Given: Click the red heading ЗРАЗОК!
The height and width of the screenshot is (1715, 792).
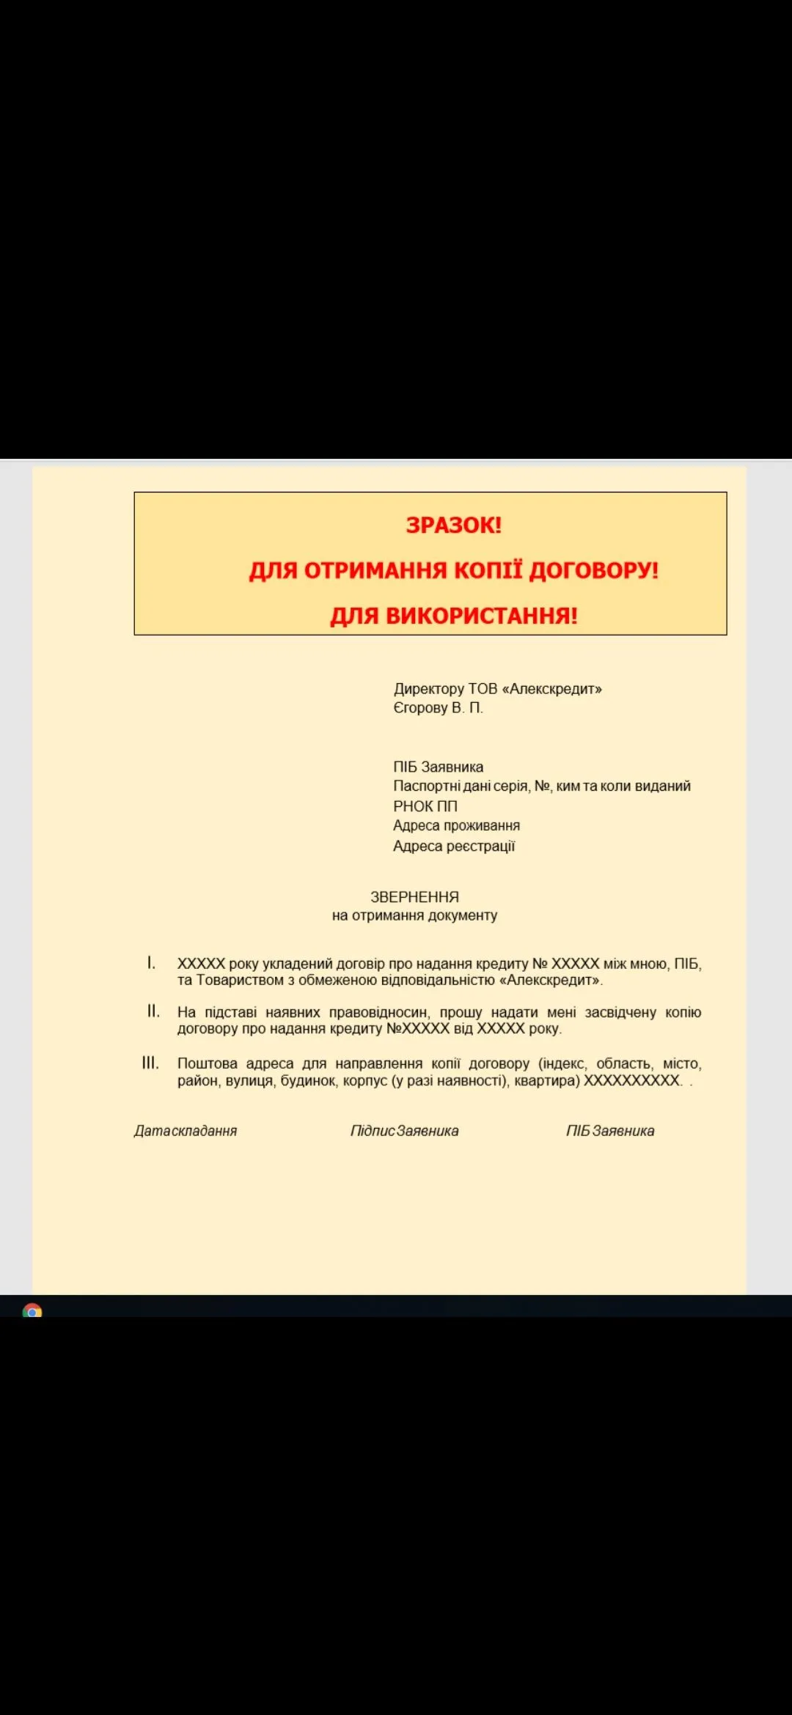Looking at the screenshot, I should coord(453,525).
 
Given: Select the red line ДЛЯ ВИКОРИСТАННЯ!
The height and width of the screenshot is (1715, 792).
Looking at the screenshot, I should coord(453,616).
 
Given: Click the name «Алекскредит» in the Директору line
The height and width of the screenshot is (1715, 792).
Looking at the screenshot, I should coord(551,689).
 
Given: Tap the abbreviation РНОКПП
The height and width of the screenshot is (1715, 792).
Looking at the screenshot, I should coord(425,806).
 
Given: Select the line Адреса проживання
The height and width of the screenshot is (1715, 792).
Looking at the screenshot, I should coord(456,826).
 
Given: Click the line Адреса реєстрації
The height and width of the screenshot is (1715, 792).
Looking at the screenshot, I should coord(454,847).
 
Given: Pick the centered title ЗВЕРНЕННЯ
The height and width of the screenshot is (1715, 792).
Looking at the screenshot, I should coord(414,897).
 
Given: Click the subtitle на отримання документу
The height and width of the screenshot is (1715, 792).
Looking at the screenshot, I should coord(414,915).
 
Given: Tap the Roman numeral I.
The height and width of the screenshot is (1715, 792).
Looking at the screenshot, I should coord(151,963).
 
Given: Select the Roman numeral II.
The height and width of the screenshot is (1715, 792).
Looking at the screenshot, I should coord(153,1011).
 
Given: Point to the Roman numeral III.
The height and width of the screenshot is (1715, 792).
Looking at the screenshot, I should coord(150,1063).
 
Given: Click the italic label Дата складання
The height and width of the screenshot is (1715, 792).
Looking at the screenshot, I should coord(186,1131).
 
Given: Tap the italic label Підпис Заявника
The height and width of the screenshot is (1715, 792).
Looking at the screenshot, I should coord(404,1131).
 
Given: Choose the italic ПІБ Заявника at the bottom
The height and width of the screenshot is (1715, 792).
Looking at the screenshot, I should coord(610,1131).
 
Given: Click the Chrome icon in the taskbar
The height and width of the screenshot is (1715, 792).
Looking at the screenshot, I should coord(32,1310).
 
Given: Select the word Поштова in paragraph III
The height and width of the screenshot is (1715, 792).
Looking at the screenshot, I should coord(207,1063).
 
